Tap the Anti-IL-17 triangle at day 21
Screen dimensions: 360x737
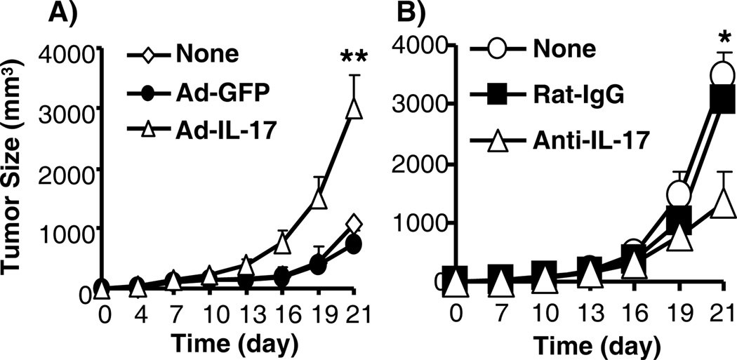tap(722, 204)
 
